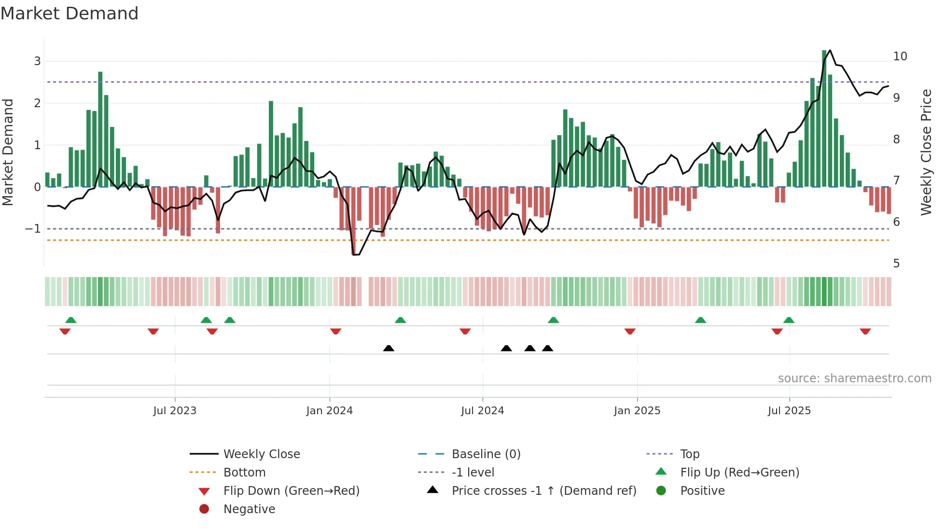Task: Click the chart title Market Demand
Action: [70, 14]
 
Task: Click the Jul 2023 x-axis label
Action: [175, 411]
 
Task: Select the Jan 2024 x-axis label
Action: [330, 411]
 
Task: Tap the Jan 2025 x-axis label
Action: [637, 411]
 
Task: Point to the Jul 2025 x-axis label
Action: [789, 411]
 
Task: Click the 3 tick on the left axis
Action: [37, 61]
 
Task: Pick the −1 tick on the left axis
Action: [33, 229]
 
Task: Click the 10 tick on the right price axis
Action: [900, 56]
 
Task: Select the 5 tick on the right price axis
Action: [896, 264]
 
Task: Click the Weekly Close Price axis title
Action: [926, 152]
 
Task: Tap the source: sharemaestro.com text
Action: [854, 378]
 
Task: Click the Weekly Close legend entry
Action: [261, 454]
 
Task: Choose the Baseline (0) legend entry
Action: [486, 454]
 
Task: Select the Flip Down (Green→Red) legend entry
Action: [291, 491]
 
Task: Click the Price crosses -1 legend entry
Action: [543, 491]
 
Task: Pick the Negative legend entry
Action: [249, 509]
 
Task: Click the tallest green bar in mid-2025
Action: [824, 118]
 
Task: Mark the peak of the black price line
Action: [830, 50]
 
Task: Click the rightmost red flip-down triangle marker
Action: [865, 331]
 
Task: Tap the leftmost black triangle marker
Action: [389, 348]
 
